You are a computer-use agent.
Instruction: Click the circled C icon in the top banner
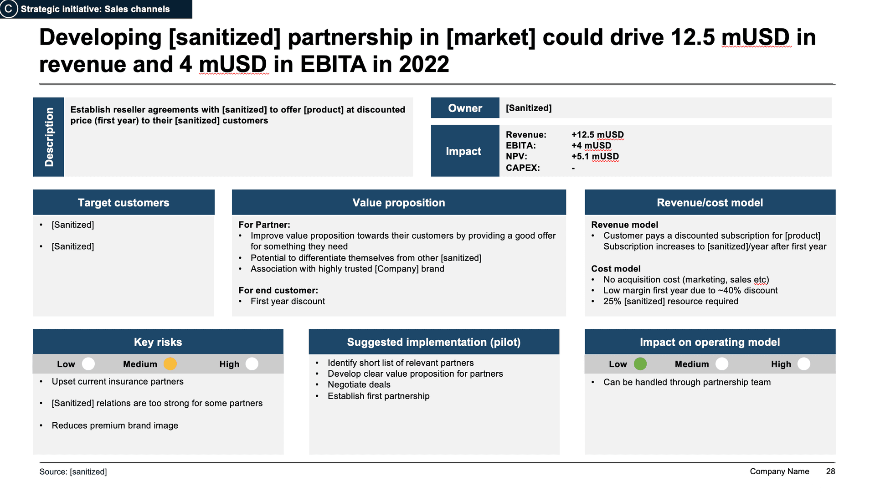[8, 9]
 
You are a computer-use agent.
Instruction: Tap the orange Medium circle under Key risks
[170, 364]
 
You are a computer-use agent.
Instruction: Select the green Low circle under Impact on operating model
[640, 364]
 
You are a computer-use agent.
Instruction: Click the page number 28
[830, 471]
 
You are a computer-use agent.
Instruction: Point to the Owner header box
[465, 108]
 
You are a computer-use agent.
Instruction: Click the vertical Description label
[49, 137]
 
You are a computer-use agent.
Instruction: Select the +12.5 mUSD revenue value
[597, 135]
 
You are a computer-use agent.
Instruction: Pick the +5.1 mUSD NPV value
[595, 157]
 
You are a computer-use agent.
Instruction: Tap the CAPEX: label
[523, 168]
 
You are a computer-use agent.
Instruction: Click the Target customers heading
[124, 203]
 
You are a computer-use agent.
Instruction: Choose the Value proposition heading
[399, 203]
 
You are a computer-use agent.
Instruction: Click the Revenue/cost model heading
[710, 203]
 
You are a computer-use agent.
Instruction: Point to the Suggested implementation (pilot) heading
[434, 342]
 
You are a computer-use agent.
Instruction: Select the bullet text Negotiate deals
[359, 385]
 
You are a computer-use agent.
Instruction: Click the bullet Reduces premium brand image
[115, 425]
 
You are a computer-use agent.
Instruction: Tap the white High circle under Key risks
[252, 364]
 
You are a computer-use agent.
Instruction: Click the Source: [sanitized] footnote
[73, 472]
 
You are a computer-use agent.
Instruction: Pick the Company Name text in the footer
[779, 471]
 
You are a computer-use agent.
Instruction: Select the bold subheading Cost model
[616, 269]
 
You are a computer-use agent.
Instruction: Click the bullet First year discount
[288, 302]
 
